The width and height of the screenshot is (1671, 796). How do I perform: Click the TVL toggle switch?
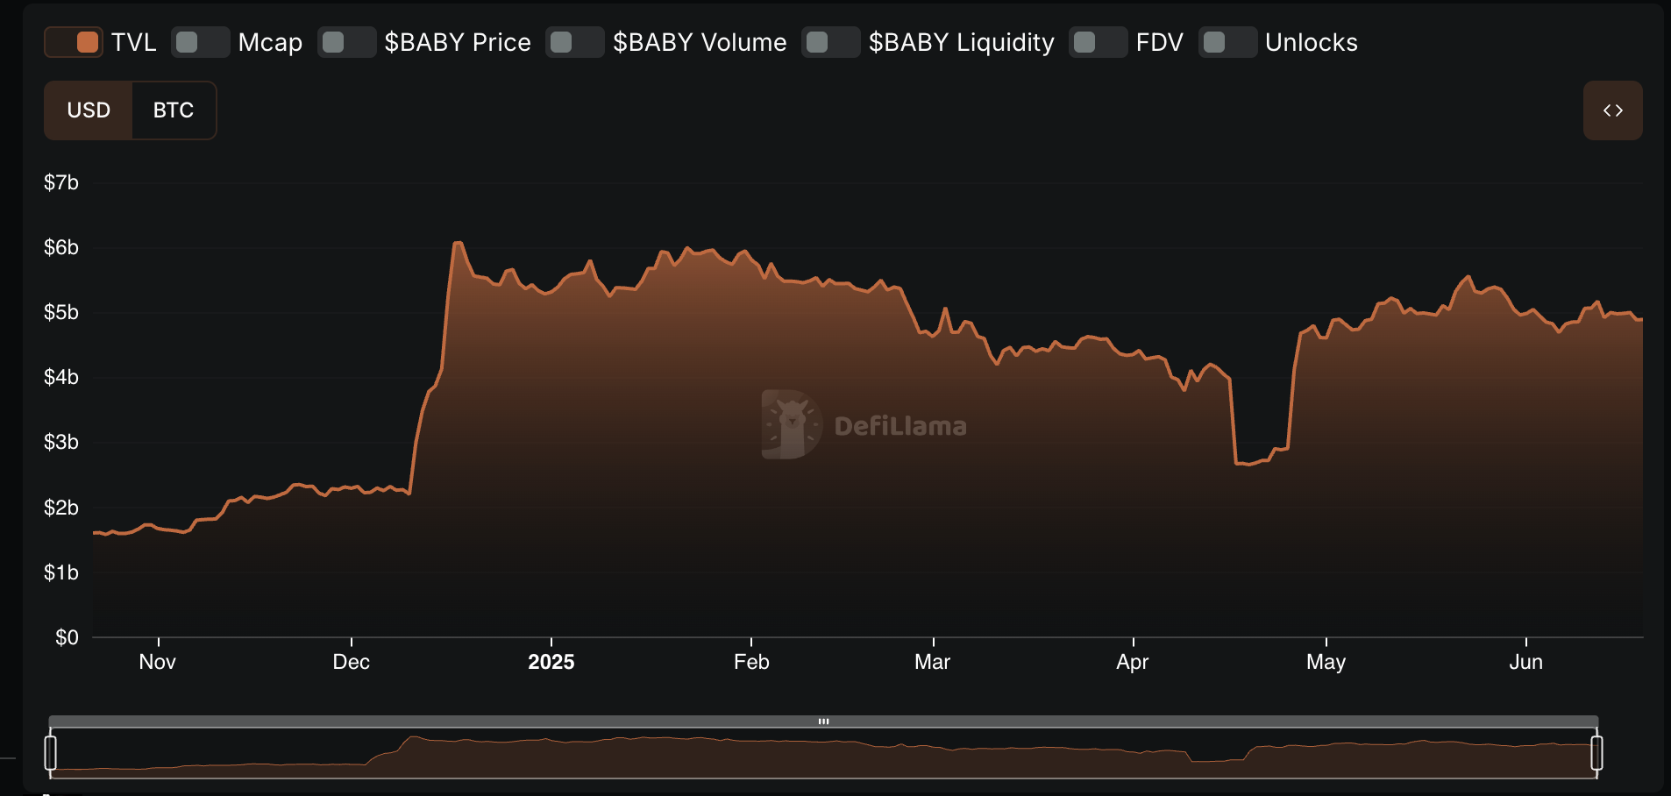pos(74,42)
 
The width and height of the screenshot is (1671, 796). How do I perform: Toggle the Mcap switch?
pos(201,42)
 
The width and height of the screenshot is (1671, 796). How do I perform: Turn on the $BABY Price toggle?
pos(347,42)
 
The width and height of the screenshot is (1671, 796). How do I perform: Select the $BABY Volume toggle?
pos(575,42)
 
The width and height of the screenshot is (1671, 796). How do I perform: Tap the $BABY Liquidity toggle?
pos(831,42)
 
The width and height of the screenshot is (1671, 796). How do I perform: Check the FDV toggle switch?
pos(1099,42)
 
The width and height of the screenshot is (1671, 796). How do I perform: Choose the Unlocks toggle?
pos(1228,42)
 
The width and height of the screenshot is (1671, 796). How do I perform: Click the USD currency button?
pos(89,110)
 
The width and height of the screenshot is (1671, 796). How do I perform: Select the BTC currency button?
pos(174,110)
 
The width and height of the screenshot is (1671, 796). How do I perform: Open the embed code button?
pos(1612,110)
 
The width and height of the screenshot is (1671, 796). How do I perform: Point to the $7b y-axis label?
pos(61,182)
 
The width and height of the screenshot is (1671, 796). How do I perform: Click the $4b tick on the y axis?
pos(61,377)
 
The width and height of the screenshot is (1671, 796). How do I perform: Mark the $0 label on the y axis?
pos(67,637)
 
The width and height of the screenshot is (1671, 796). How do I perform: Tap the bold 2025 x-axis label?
pos(551,662)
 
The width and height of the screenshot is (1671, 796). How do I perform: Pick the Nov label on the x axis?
pos(158,662)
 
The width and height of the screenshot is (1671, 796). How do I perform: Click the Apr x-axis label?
pos(1133,662)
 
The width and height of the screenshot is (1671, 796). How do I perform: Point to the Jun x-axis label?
pos(1525,662)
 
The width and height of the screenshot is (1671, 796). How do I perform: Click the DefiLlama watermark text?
pos(900,426)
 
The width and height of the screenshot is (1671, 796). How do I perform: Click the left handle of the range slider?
pos(51,753)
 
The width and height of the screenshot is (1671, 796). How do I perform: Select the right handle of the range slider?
pos(1596,753)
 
